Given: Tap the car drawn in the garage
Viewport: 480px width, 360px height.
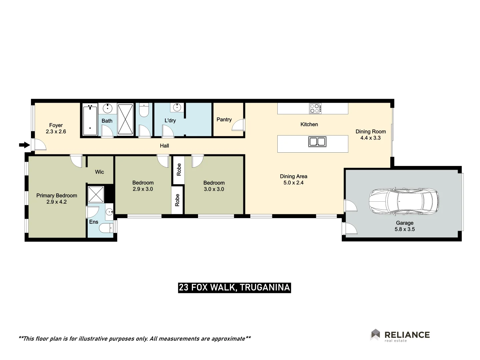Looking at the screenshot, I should click(x=404, y=201).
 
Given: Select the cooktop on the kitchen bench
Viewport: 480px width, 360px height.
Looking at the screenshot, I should click(x=315, y=108).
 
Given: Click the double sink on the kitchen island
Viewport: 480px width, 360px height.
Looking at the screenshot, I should click(x=317, y=142).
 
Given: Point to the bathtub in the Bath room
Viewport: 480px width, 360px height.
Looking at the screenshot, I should click(x=90, y=120).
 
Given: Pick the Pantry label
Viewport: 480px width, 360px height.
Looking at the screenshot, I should click(x=224, y=119).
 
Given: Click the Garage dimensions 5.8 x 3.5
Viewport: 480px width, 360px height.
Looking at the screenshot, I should click(x=405, y=229).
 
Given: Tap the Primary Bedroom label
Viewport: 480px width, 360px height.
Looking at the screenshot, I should click(x=57, y=195).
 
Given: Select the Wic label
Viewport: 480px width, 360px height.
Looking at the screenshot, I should click(x=99, y=172).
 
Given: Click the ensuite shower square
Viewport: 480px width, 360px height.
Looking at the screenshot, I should click(x=96, y=194).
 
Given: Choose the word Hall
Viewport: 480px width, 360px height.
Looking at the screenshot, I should click(x=164, y=146).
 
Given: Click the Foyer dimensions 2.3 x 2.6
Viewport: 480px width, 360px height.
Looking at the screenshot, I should click(x=56, y=132).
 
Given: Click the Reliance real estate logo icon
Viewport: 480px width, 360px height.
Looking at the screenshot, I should click(x=375, y=334).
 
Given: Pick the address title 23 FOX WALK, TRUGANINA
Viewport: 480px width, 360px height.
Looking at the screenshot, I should click(x=234, y=287).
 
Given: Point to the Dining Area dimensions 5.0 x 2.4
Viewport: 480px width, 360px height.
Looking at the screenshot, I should click(x=293, y=183).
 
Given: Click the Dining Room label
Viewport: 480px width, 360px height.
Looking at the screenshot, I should click(x=371, y=131).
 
